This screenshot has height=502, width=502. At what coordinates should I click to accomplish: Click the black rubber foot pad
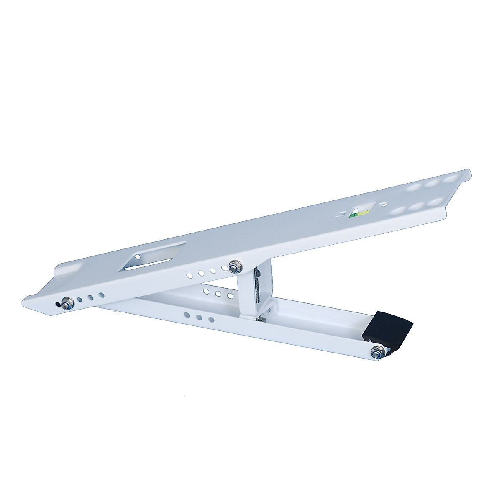point(391,327)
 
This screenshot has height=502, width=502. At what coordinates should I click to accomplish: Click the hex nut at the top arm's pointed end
point(67,302)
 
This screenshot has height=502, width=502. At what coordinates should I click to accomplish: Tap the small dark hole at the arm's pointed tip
point(58,303)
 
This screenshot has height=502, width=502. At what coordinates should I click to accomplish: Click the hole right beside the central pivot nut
point(222,268)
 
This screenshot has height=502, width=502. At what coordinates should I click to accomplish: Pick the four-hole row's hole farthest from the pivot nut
point(190,276)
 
